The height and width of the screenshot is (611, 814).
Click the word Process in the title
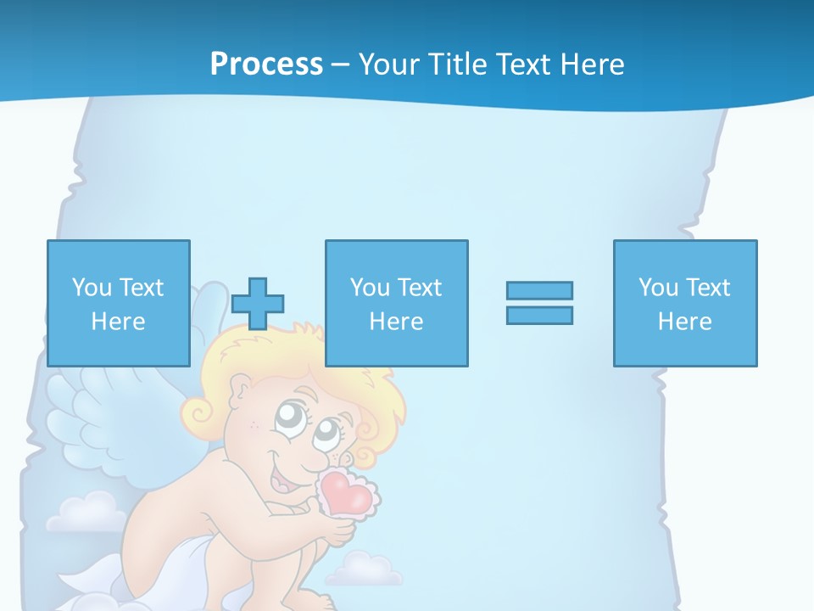tap(266, 64)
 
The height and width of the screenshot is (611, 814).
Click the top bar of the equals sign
tap(539, 290)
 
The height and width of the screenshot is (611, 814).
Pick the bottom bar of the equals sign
tap(539, 315)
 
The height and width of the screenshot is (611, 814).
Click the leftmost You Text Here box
tap(118, 303)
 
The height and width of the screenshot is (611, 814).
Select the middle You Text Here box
tap(396, 303)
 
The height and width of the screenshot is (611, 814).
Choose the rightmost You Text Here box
tap(684, 303)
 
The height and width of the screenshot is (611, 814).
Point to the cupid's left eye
tap(291, 417)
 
